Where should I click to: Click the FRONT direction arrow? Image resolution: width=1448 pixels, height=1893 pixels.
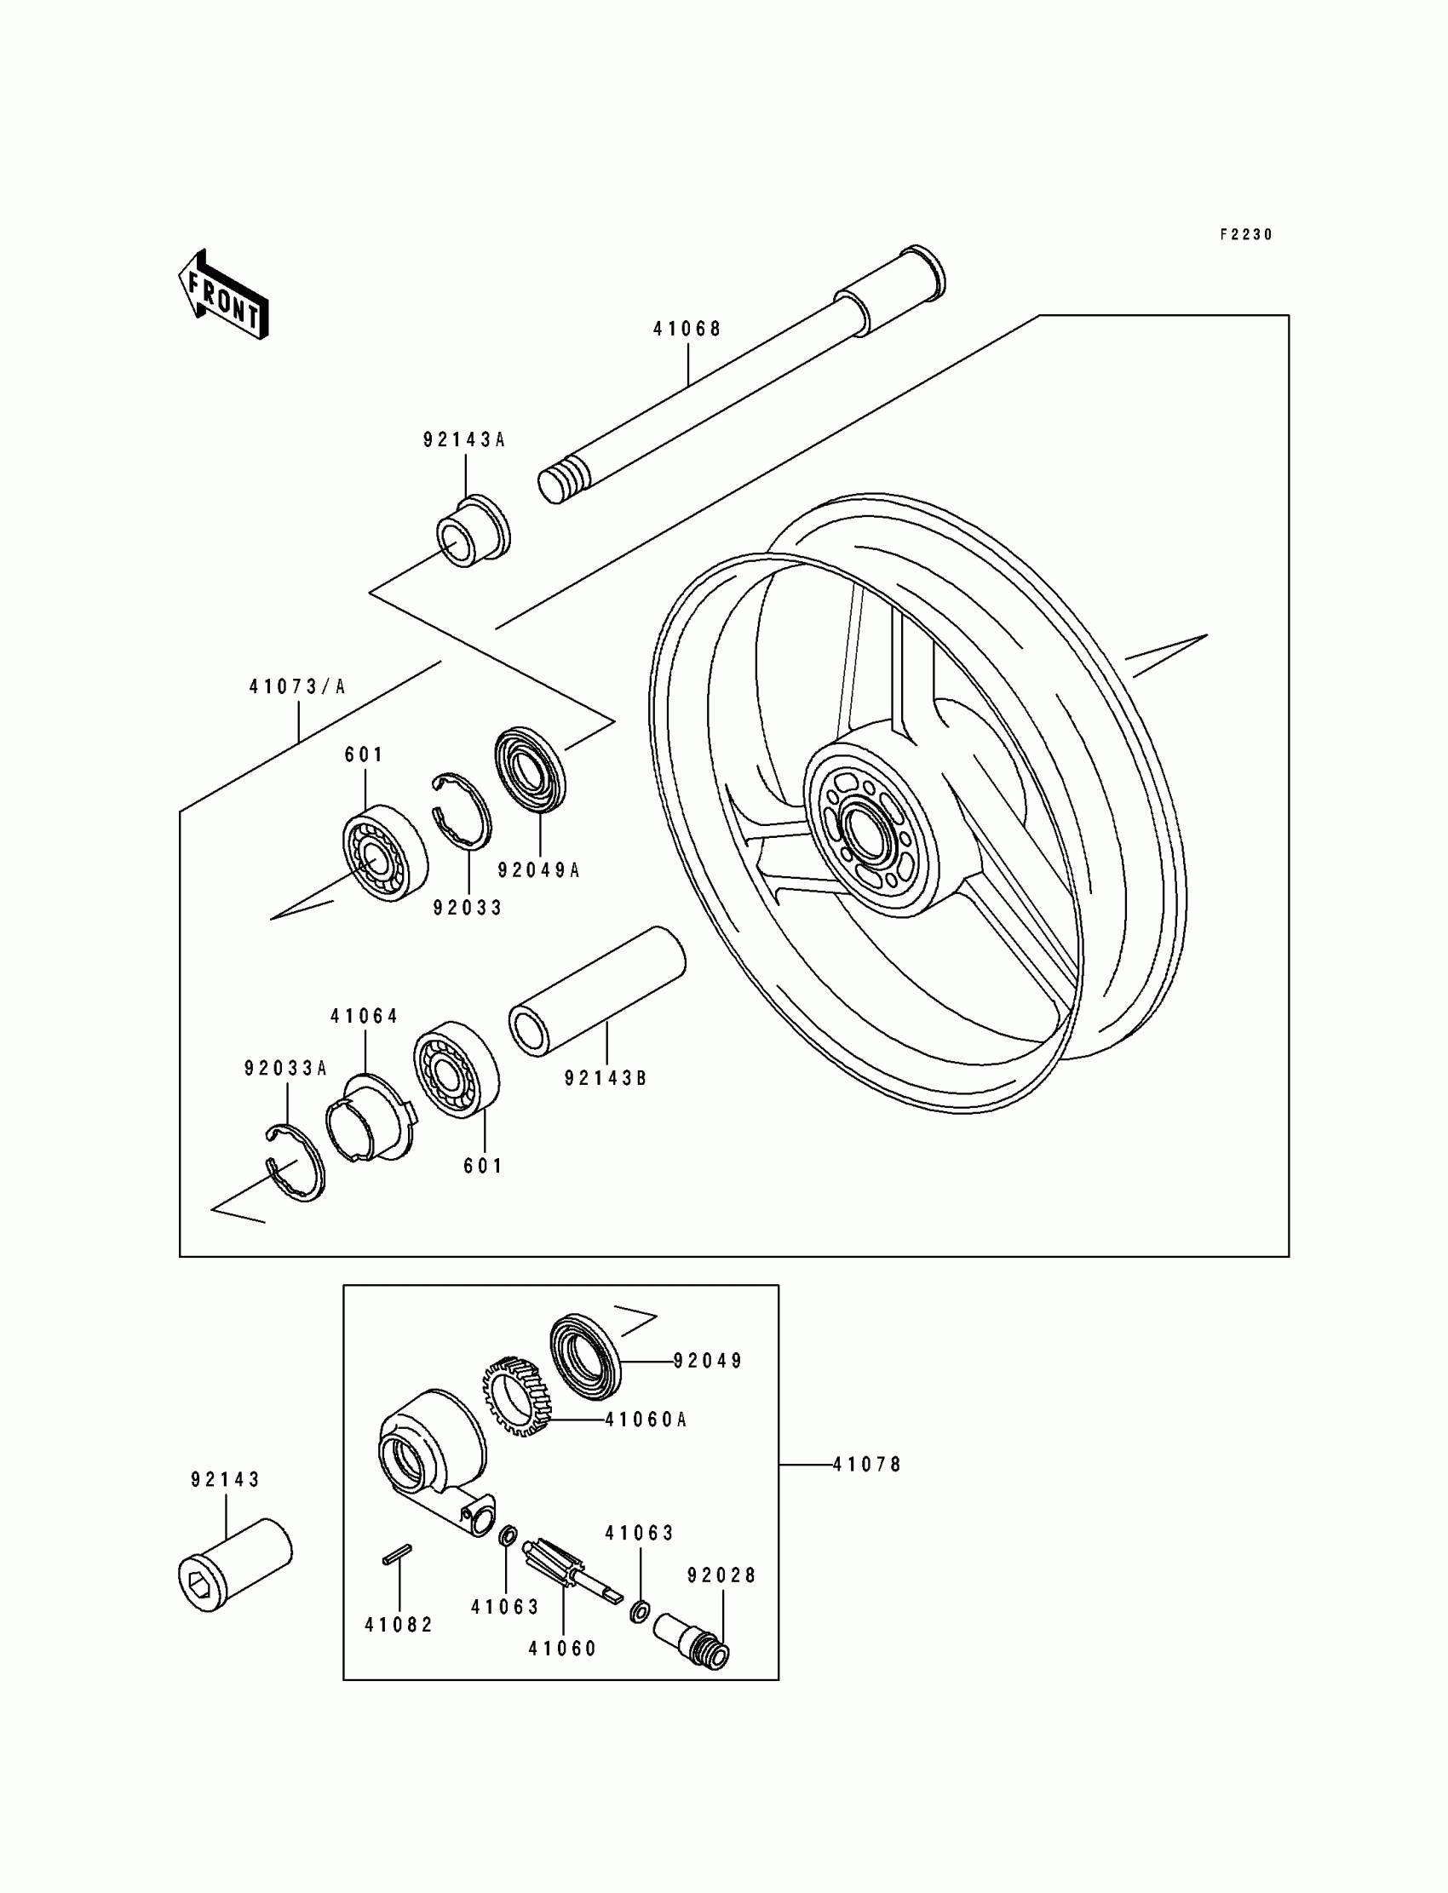click(223, 295)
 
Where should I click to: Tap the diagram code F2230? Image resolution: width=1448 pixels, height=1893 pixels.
click(1245, 234)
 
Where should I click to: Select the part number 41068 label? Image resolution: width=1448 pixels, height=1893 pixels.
click(686, 329)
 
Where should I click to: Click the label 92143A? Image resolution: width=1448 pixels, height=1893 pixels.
click(463, 439)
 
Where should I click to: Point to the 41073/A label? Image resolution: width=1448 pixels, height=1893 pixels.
click(297, 686)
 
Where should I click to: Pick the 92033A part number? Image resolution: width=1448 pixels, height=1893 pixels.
click(285, 1069)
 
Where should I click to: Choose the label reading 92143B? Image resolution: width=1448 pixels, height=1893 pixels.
click(605, 1078)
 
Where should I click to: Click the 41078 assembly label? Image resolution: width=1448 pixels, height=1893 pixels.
click(867, 1464)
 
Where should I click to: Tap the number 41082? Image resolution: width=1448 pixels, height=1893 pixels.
click(399, 1624)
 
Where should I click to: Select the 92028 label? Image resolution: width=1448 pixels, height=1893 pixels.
click(721, 1575)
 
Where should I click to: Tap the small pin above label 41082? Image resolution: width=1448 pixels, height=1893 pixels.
click(397, 1554)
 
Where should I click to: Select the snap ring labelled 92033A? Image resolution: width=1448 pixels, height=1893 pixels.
click(296, 1163)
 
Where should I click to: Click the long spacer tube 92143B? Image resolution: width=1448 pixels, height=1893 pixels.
click(598, 990)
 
